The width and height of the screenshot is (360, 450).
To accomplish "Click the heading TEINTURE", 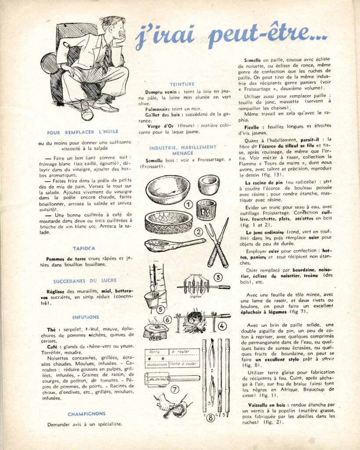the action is pos(182,84).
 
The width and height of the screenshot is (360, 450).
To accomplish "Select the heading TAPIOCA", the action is pos(84,248).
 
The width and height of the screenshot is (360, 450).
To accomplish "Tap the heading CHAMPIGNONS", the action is pos(86,414).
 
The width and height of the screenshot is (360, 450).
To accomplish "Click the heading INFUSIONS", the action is pos(86,317).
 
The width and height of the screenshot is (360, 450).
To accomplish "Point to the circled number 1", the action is pos(188,205).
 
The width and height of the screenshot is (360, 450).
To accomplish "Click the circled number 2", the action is pos(198,232).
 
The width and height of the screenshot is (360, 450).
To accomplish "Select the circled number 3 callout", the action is pos(218,277).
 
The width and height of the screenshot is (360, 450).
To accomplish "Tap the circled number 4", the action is pos(222,326).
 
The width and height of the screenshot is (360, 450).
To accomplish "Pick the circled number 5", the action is pos(160,310).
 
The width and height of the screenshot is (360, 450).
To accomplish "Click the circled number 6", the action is pos(167,320).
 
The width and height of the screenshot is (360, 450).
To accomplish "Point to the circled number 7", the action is pos(175,389).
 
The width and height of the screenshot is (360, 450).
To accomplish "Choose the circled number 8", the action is pos(211,418).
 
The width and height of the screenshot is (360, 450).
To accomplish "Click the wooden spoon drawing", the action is pos(175,245).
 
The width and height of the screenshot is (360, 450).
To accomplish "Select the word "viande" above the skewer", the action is pos(196,275).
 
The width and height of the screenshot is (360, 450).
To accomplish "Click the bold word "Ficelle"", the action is pos(252,127).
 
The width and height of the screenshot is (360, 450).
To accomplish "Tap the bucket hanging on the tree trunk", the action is pos(151,299).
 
